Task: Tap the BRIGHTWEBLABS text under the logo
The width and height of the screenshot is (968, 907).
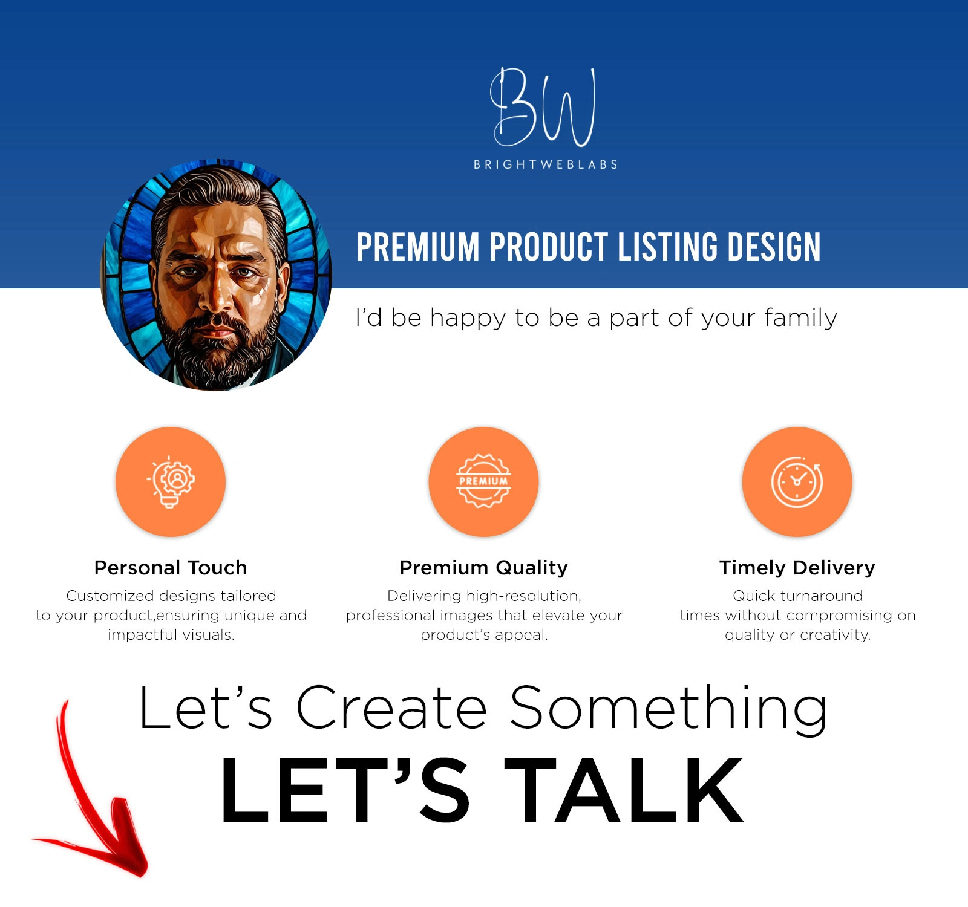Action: coord(546,164)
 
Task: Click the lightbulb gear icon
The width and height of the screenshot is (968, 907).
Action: coord(171,481)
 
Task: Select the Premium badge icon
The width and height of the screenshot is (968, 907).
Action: coord(483,481)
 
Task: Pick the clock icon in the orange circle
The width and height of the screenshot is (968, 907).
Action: coord(797,482)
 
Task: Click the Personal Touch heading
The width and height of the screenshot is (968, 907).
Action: coord(171,568)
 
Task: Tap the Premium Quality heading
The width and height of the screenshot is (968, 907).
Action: coord(483,568)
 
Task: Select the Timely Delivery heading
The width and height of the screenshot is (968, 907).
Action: coord(797,568)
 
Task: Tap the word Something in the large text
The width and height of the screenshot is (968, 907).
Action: coord(669,709)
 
